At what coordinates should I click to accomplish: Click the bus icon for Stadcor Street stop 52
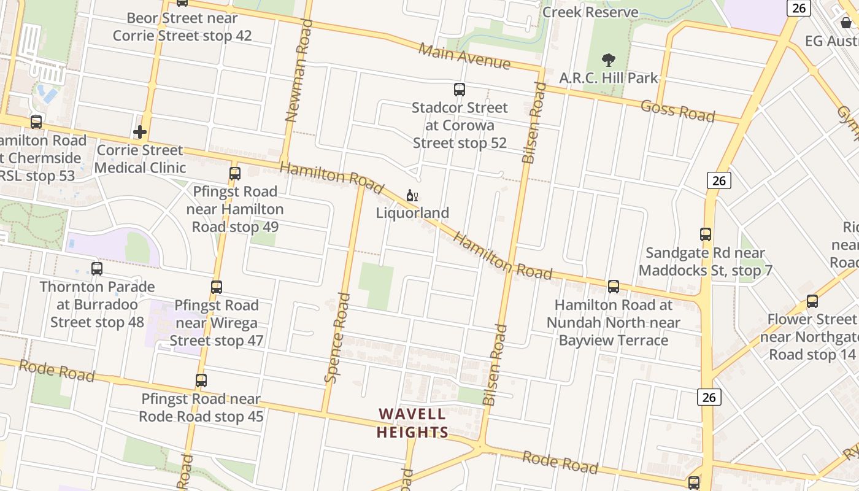(x=460, y=90)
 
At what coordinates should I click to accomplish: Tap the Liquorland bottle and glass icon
(x=412, y=196)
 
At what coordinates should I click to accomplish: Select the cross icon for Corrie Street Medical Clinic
(x=140, y=132)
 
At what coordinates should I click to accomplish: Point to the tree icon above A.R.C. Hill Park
(x=609, y=60)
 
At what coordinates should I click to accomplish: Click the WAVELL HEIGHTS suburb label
(x=412, y=423)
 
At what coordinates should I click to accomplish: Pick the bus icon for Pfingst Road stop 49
(x=235, y=173)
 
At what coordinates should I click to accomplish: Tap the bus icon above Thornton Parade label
(x=97, y=268)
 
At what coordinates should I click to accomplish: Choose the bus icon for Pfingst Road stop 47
(x=217, y=287)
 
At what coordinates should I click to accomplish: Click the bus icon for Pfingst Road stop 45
(x=201, y=381)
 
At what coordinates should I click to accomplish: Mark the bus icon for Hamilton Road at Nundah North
(x=614, y=287)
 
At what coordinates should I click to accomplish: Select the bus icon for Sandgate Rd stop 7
(x=706, y=234)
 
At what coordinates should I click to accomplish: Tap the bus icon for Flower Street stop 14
(x=812, y=301)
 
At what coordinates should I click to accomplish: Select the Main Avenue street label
(x=464, y=56)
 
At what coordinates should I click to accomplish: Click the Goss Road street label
(x=677, y=110)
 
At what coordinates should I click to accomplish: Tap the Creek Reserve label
(x=590, y=12)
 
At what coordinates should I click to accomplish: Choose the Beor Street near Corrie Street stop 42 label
(x=182, y=27)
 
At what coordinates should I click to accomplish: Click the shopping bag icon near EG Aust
(x=846, y=23)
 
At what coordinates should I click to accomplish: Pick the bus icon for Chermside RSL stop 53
(x=36, y=122)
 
